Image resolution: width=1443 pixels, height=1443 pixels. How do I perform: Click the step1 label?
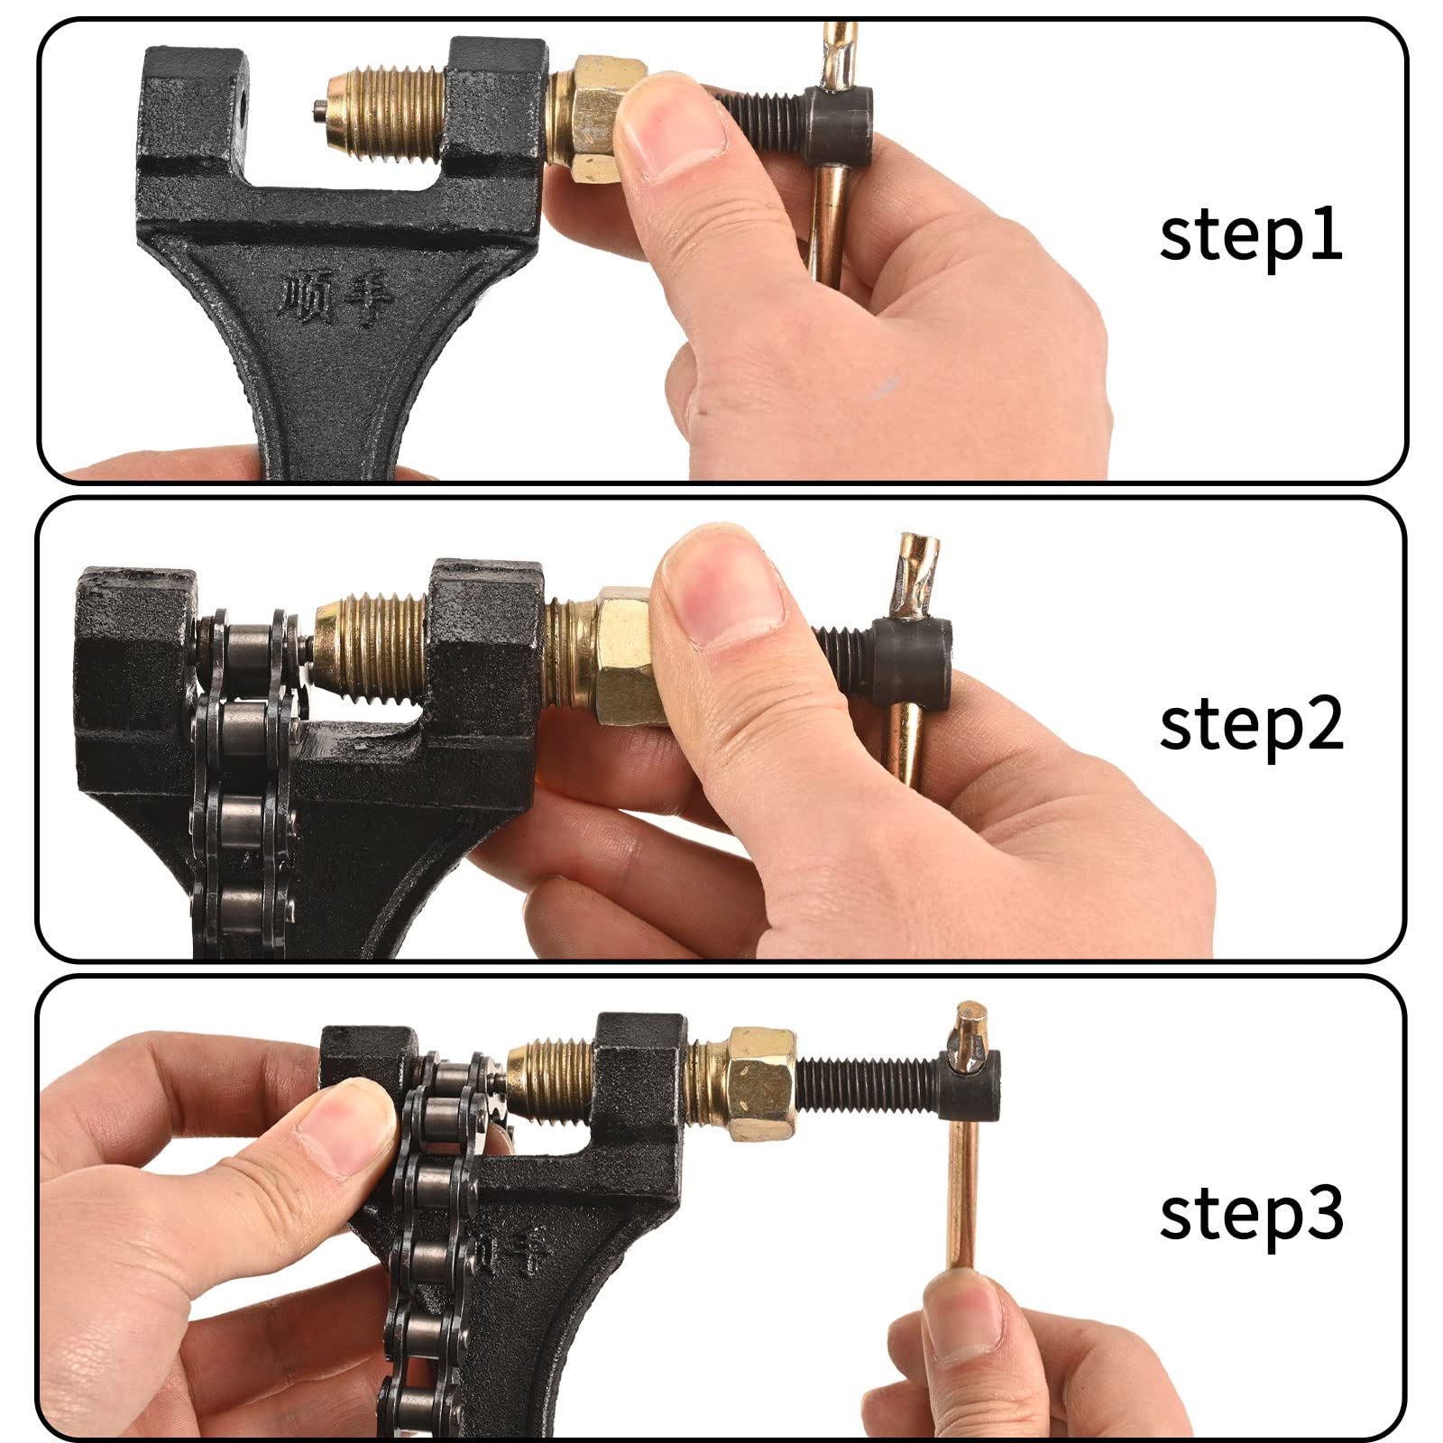click(1251, 235)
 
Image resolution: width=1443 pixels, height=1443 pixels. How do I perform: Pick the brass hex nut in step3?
click(761, 1082)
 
